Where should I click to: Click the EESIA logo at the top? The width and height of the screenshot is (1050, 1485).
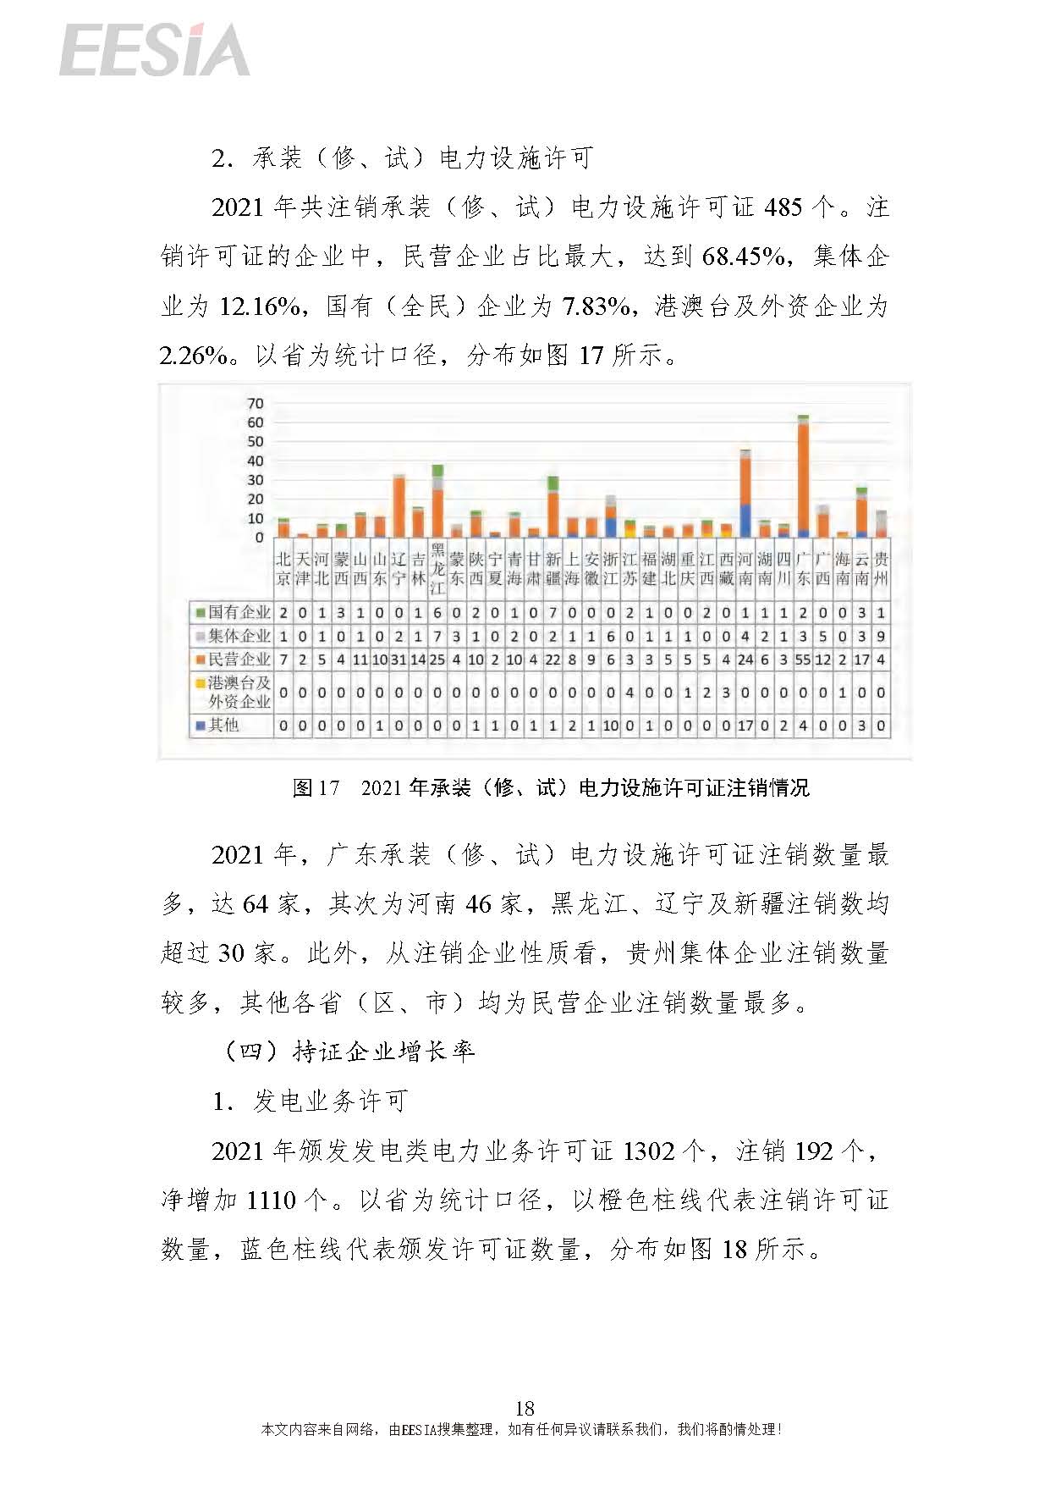(x=154, y=51)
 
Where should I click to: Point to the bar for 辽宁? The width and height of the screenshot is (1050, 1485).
(x=399, y=507)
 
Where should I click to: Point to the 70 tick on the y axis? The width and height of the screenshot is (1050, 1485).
(x=255, y=403)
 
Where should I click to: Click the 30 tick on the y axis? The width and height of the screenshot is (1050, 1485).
(x=255, y=480)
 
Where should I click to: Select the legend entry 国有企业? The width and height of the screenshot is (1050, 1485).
(x=232, y=611)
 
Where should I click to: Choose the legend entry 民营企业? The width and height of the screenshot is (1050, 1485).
(x=232, y=659)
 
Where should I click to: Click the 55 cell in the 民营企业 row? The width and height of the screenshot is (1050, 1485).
(x=803, y=659)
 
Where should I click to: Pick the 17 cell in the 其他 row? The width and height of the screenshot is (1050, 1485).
(x=745, y=726)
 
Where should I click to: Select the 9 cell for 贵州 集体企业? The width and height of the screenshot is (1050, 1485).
(x=881, y=636)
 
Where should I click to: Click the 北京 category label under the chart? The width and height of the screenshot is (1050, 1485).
(x=283, y=569)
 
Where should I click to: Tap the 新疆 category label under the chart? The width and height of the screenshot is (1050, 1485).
(x=552, y=569)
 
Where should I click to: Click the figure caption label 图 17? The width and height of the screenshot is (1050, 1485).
(x=316, y=788)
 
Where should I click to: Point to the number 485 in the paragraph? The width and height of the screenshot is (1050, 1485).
(x=783, y=208)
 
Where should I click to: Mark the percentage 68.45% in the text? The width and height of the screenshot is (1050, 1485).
(x=744, y=257)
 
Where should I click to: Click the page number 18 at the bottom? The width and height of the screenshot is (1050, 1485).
(x=525, y=1408)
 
